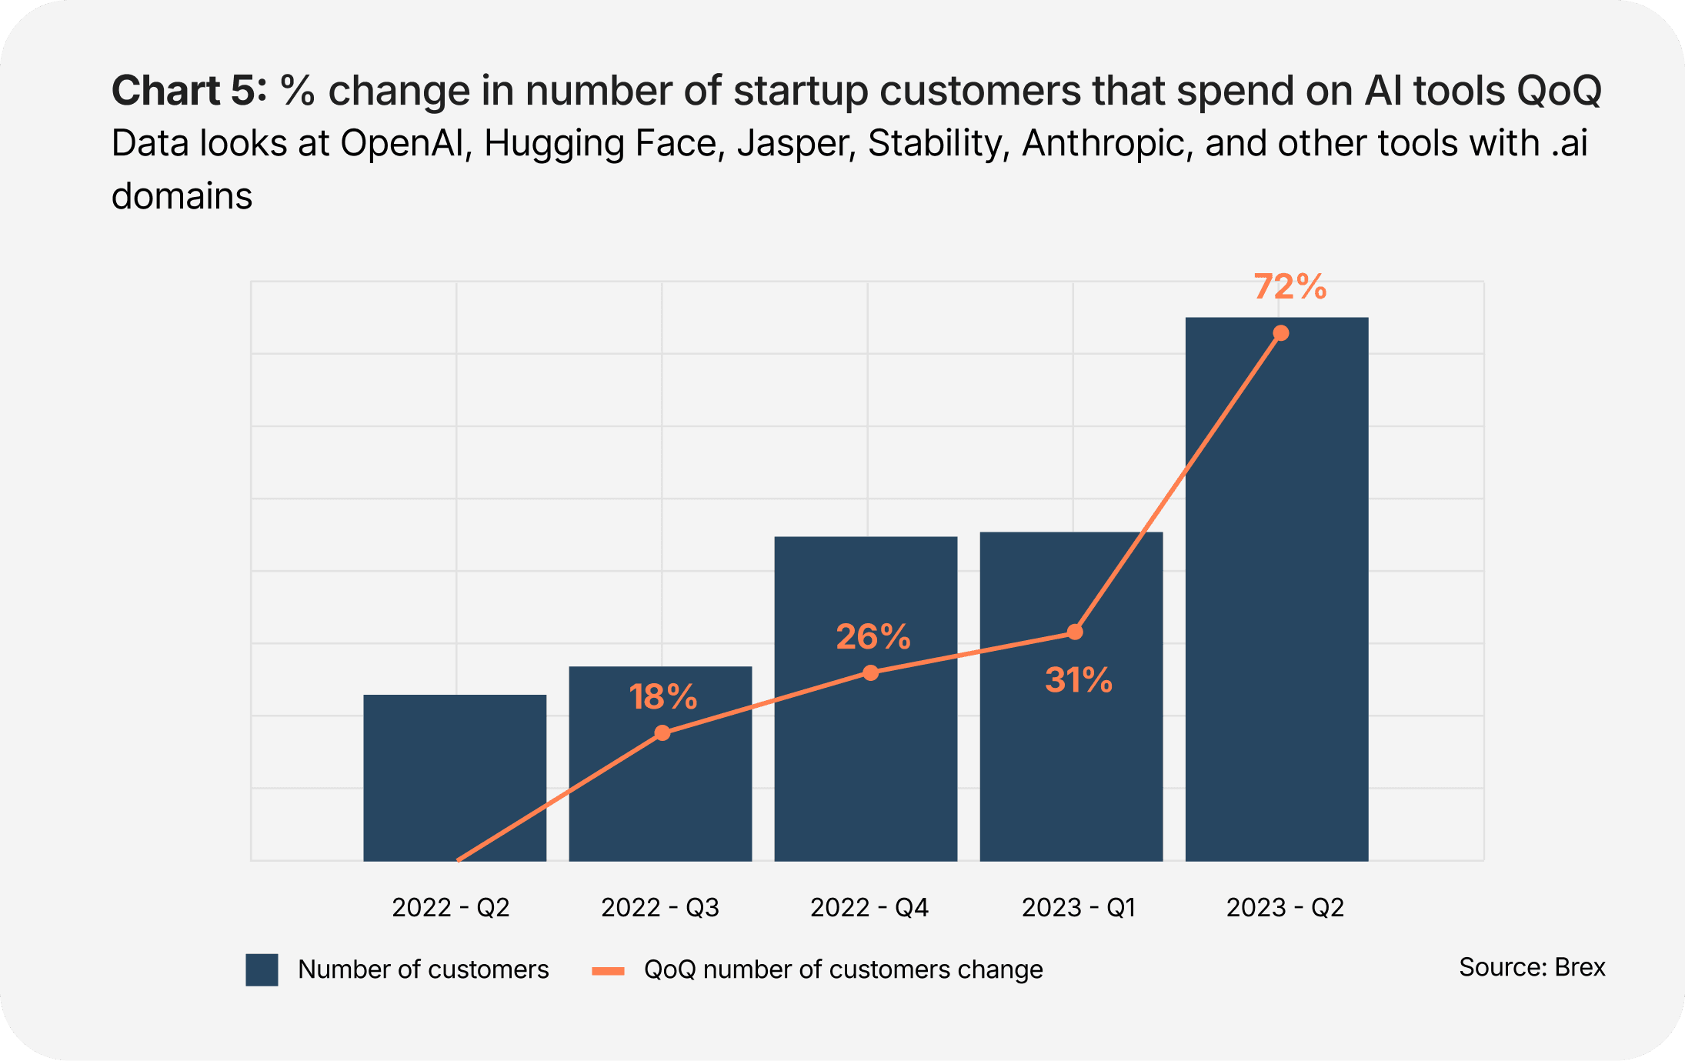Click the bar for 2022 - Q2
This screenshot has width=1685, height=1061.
coord(455,777)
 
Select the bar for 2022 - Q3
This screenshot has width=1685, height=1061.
coord(660,800)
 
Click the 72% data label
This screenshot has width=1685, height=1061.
coord(1290,287)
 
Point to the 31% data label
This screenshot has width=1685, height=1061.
coord(1079,680)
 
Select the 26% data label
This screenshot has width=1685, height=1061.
coord(873,637)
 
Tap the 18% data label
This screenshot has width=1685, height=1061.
coord(663,697)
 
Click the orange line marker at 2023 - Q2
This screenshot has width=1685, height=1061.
coord(1281,333)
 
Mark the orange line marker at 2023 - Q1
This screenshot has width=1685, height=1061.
coord(1076,632)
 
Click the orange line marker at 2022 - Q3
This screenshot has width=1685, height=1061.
coord(662,733)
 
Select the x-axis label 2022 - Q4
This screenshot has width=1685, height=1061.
coord(869,908)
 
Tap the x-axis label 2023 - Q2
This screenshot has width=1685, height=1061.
coord(1285,908)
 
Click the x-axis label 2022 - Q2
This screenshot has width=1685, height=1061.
coord(451,908)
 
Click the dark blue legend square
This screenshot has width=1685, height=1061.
coord(262,969)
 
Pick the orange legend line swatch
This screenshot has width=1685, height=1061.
coord(608,971)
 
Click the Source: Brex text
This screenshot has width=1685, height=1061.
coord(1531,967)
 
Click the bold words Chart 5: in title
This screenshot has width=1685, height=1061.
coord(189,91)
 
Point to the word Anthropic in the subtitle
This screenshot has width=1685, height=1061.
coord(1106,144)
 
